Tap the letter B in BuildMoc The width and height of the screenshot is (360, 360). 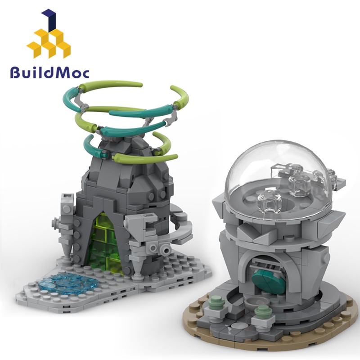click(x=16, y=72)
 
